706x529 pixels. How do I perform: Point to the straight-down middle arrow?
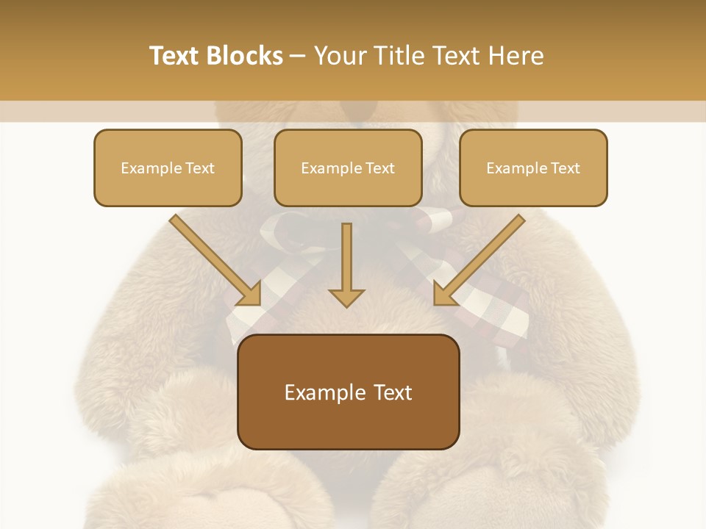(x=346, y=261)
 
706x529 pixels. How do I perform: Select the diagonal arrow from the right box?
(x=482, y=257)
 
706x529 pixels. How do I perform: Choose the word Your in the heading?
(x=340, y=56)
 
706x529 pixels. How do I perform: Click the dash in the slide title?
(x=298, y=57)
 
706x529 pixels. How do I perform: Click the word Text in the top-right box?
(x=565, y=168)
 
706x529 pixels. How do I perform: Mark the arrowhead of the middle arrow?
(x=346, y=298)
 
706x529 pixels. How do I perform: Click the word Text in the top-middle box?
(x=379, y=168)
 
